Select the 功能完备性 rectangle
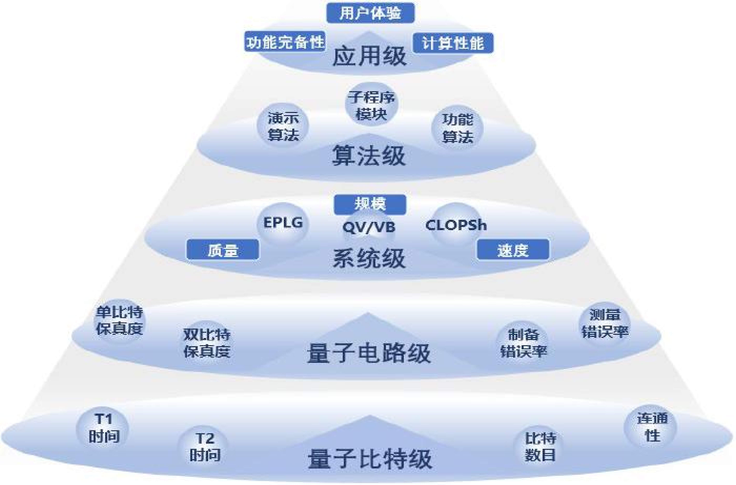coord(285,41)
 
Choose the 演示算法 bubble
coord(283,126)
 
